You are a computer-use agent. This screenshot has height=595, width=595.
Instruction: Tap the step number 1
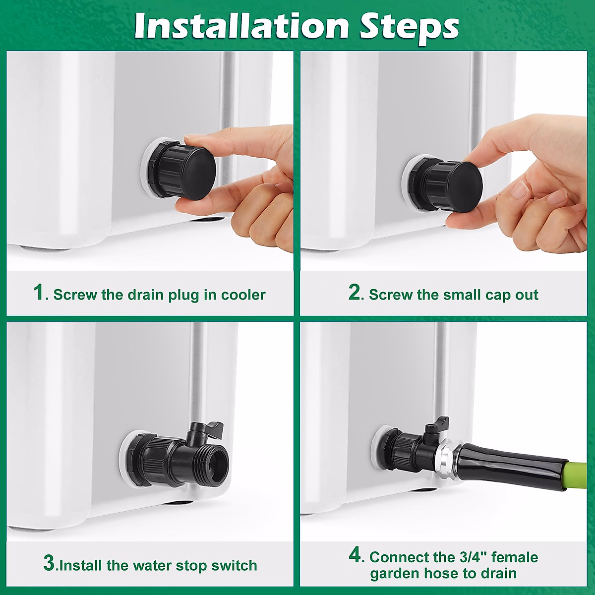pyautogui.click(x=39, y=292)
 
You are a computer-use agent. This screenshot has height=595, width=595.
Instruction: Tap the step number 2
pyautogui.click(x=355, y=292)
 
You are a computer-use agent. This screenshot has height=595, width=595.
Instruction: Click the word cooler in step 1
pyautogui.click(x=243, y=295)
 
